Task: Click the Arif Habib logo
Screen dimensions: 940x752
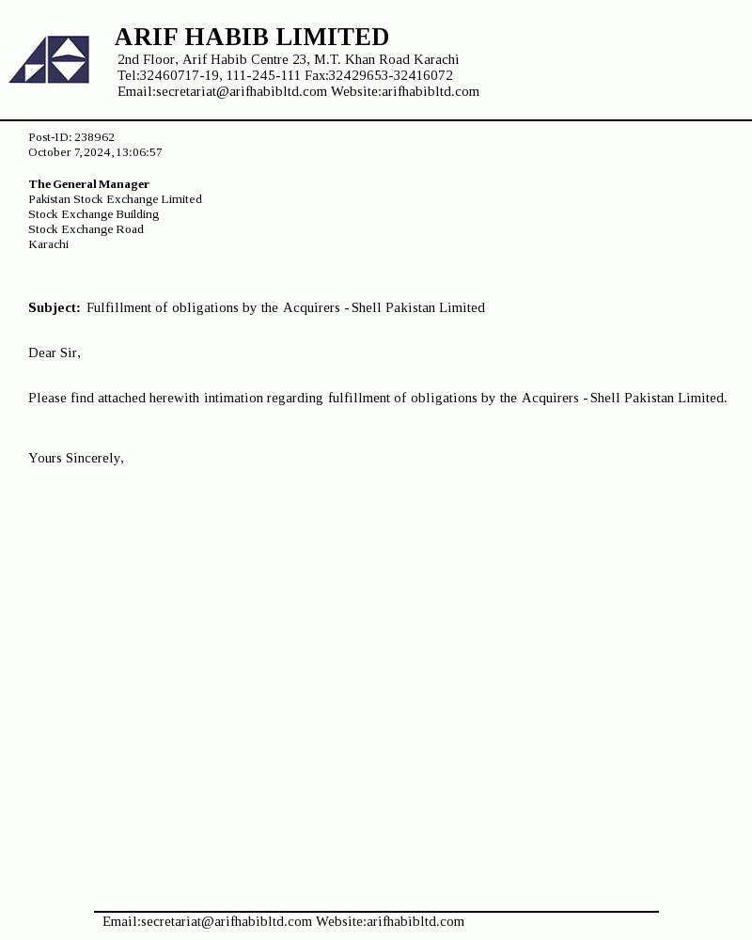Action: [x=49, y=60]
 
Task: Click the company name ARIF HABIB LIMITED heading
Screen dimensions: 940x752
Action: [x=251, y=37]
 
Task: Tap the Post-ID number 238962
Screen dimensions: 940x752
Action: [x=94, y=137]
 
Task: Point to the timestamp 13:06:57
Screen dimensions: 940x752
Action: [x=139, y=152]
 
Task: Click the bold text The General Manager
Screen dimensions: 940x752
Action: [x=88, y=184]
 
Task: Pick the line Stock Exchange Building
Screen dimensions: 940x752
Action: [x=93, y=214]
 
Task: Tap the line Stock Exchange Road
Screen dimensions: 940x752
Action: [x=86, y=229]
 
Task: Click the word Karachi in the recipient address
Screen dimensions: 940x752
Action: [x=48, y=244]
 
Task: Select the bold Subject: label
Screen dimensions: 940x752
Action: [x=54, y=307]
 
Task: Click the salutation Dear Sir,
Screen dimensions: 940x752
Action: [x=54, y=352]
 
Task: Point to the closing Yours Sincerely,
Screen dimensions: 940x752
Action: [x=75, y=458]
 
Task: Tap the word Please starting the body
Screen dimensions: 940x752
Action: [x=47, y=398]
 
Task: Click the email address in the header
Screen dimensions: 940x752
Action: [x=242, y=91]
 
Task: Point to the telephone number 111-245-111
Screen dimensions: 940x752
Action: [x=263, y=75]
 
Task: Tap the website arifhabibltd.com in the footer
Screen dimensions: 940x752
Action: [x=415, y=921]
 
